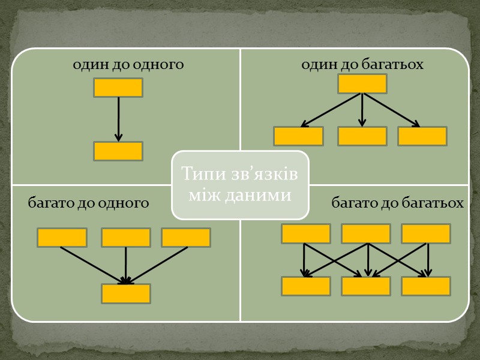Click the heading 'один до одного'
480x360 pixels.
point(128,64)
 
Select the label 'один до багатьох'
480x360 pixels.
point(362,64)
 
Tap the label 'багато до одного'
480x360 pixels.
point(89,203)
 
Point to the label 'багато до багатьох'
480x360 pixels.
point(398,203)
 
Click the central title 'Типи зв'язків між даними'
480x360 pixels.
point(240,184)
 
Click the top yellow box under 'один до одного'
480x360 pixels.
point(118,88)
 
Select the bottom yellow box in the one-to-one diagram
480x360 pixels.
point(118,151)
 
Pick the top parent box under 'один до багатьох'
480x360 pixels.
point(362,84)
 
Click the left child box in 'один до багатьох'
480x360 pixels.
point(298,136)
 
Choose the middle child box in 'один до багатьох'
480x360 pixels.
point(362,136)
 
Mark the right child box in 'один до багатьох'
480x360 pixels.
point(422,136)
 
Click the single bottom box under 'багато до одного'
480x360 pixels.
point(126,293)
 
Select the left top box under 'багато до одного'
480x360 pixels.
point(62,238)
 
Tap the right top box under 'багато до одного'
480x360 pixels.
point(186,238)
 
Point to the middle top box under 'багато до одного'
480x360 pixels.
point(126,238)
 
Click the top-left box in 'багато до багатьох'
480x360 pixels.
point(306,233)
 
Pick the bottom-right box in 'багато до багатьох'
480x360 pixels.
point(426,286)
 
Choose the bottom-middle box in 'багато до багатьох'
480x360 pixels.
point(366,286)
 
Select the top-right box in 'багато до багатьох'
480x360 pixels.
point(426,233)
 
